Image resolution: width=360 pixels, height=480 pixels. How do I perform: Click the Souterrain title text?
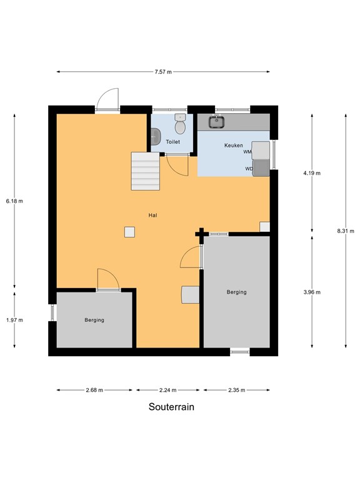click(x=171, y=407)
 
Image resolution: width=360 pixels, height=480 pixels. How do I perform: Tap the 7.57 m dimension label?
click(x=164, y=72)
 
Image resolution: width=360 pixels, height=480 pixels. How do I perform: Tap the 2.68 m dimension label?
click(x=94, y=390)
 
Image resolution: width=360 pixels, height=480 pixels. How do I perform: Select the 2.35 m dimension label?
click(x=235, y=390)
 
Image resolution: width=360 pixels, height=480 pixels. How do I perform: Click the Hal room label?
click(x=152, y=215)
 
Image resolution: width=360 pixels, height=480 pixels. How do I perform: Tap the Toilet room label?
click(x=172, y=142)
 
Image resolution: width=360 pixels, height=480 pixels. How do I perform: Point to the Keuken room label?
click(x=233, y=146)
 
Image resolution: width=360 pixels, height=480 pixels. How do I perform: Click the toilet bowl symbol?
click(x=180, y=127)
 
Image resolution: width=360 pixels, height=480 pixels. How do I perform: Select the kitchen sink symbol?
click(x=217, y=122)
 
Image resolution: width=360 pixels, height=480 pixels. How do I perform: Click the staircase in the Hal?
click(x=146, y=171)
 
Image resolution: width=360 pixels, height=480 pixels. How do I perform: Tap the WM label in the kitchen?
click(x=247, y=152)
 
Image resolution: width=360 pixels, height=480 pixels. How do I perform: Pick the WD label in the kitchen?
click(x=249, y=168)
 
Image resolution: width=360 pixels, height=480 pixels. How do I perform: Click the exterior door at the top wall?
click(x=107, y=101)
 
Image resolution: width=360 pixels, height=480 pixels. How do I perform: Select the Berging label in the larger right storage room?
click(x=237, y=292)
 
